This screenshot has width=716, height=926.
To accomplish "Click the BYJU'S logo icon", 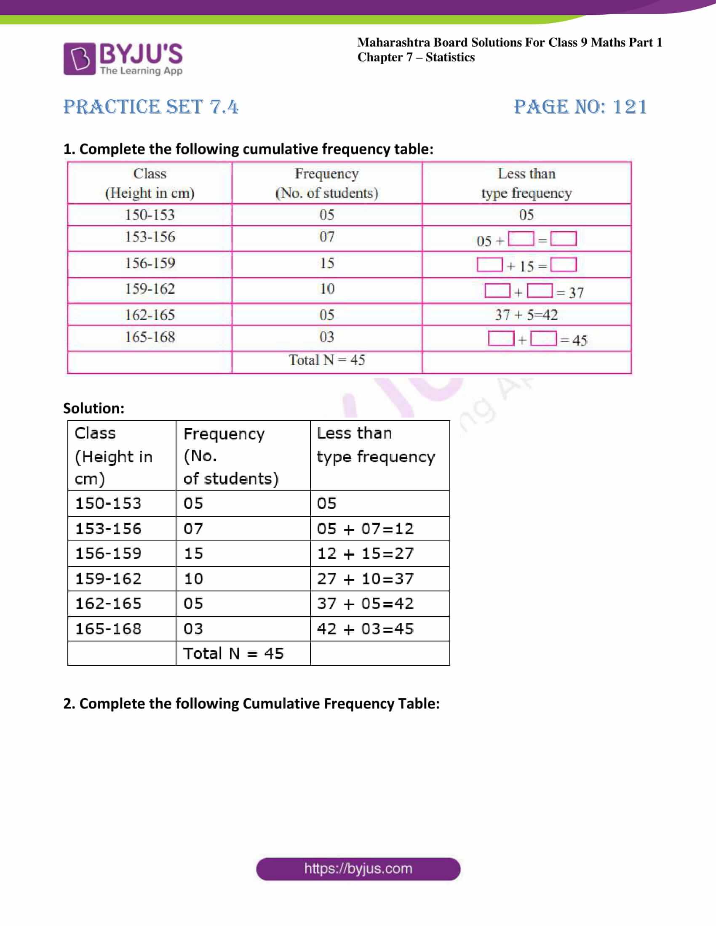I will [x=79, y=59].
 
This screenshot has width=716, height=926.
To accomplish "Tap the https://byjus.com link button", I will [x=358, y=869].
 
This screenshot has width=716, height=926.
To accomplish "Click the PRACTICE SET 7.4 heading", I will [x=151, y=107].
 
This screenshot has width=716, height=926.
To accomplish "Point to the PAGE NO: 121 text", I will [x=580, y=107].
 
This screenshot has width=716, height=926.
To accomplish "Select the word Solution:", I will [x=94, y=408].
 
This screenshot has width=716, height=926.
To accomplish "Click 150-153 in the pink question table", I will [x=150, y=215].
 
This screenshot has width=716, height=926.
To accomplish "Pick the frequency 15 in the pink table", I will [x=326, y=263].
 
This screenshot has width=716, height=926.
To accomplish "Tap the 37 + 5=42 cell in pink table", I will [x=526, y=314].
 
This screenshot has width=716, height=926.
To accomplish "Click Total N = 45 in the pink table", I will [x=326, y=360].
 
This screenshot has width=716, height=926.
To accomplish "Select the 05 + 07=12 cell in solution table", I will [x=365, y=529].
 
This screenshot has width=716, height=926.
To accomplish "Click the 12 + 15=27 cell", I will [x=365, y=553].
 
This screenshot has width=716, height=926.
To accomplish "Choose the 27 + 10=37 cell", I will [x=365, y=579].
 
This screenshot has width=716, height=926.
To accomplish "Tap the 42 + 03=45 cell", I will [x=365, y=629].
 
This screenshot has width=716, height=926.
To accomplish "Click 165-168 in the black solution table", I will [x=108, y=629].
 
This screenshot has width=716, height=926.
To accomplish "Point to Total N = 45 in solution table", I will [x=233, y=653].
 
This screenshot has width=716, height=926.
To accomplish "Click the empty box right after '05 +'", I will [x=521, y=239].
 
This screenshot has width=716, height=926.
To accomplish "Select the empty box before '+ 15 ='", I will [x=489, y=265].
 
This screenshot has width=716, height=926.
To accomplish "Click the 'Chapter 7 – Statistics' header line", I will [x=416, y=57].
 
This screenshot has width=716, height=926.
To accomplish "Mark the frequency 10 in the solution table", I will [x=193, y=579].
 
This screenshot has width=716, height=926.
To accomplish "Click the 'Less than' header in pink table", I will [x=526, y=174].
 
